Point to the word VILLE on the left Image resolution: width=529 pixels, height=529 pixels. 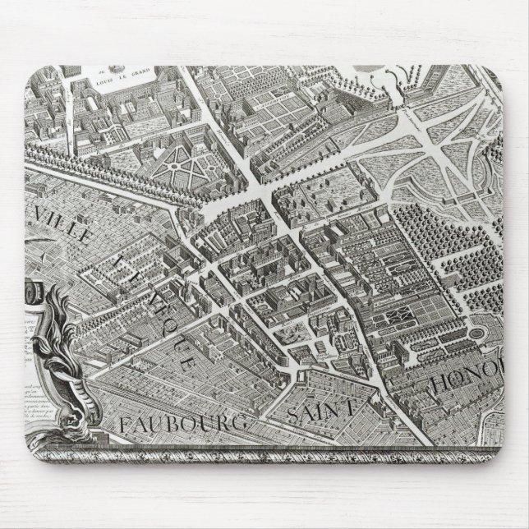62,227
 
